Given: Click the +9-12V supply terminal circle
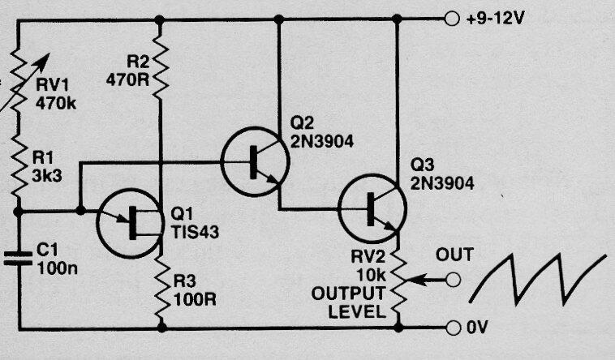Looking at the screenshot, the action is tap(451, 19).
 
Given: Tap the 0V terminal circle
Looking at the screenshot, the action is tap(453, 328).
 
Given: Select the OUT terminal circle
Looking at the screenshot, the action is tap(453, 280).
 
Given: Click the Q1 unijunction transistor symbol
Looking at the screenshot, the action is tap(130, 224).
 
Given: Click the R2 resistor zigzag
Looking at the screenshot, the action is tap(160, 66).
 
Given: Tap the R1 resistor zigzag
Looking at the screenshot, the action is tap(18, 165).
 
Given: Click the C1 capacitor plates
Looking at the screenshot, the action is tap(18, 259).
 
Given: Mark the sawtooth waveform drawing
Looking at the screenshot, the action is tap(538, 279).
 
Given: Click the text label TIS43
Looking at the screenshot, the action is tap(195, 233).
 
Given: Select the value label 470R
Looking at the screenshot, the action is tap(127, 79).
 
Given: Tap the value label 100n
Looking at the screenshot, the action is tap(58, 268).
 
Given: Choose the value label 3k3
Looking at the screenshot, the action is tap(47, 177).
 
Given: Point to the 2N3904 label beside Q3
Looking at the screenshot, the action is tap(442, 183).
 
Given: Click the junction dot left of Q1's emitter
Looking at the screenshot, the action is tap(80, 211).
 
